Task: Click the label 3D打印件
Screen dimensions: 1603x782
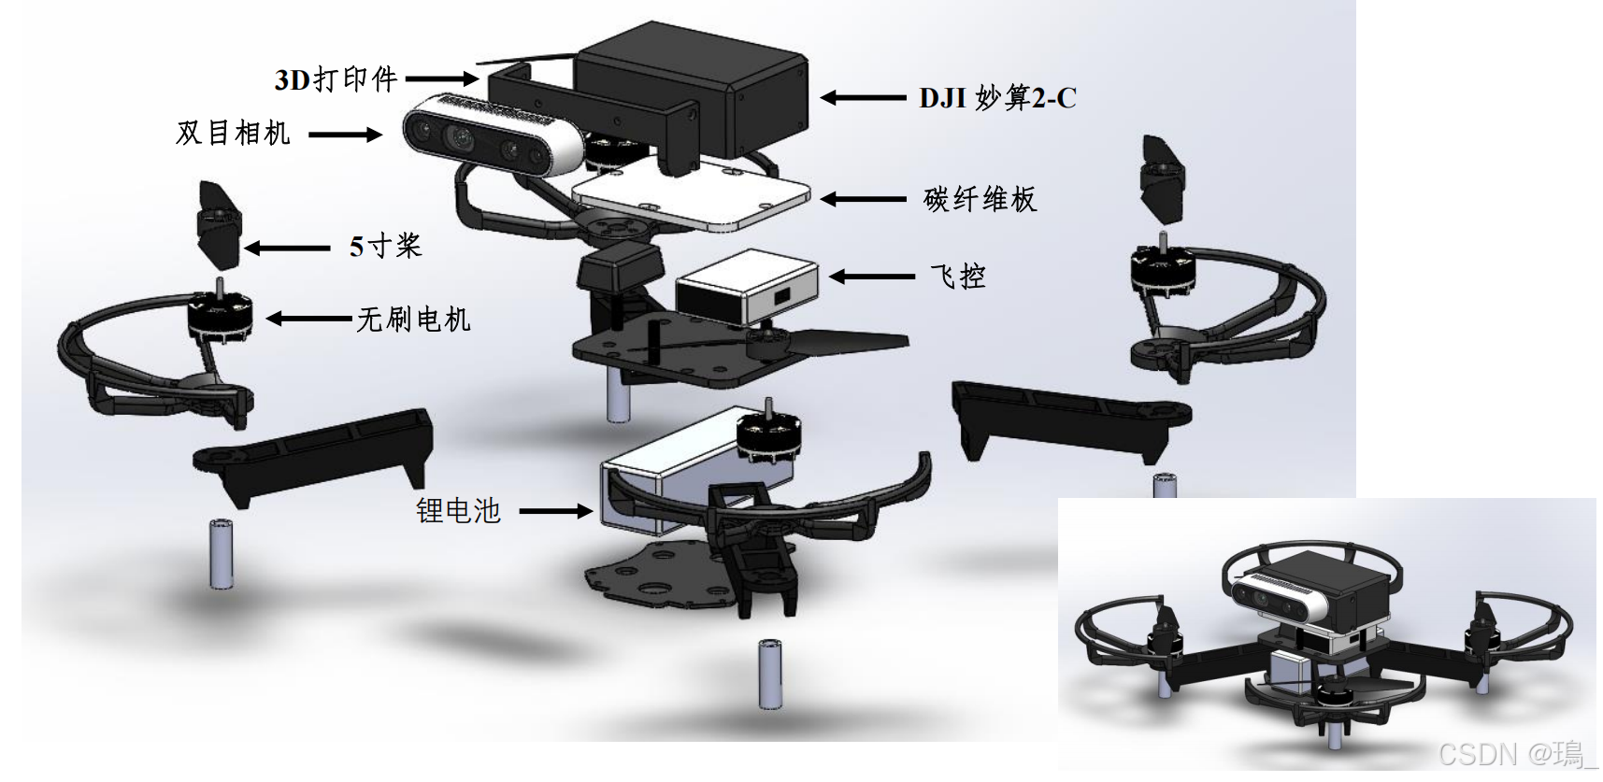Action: click(336, 79)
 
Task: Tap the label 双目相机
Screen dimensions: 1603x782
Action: click(233, 134)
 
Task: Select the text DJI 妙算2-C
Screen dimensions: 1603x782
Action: click(997, 97)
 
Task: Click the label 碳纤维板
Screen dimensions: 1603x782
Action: click(980, 199)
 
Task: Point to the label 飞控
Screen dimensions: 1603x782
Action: click(957, 276)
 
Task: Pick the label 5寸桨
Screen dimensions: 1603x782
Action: click(385, 247)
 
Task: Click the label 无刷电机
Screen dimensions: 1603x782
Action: click(413, 320)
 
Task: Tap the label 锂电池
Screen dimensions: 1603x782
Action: click(458, 510)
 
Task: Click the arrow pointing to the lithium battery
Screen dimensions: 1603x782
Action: click(555, 511)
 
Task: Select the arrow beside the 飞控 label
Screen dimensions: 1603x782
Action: click(870, 276)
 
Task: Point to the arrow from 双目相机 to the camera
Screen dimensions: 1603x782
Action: click(345, 135)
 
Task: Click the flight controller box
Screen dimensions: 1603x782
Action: click(746, 286)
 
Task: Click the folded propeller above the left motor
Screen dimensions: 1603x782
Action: click(219, 220)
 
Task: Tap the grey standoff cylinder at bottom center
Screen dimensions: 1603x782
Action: click(768, 674)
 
